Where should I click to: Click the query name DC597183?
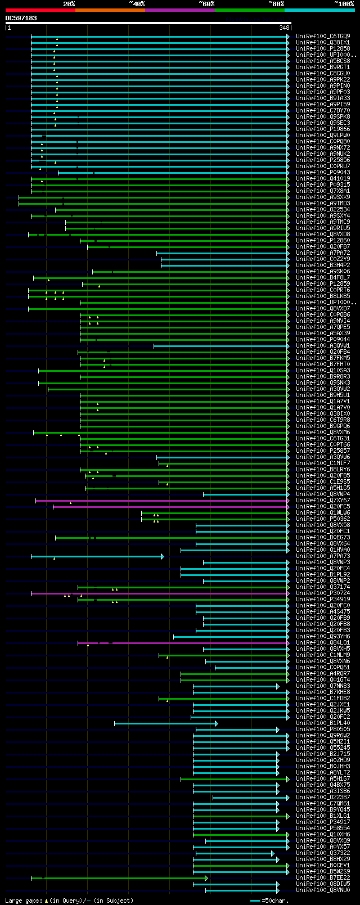coord(21,18)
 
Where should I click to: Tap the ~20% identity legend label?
coord(69,4)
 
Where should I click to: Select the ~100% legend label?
coord(344,4)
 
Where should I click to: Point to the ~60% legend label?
coord(206,4)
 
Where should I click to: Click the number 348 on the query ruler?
coord(284,27)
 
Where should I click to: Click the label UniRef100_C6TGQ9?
coord(323,37)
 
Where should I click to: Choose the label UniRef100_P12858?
coord(323,49)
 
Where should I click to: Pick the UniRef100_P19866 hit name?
coord(323,129)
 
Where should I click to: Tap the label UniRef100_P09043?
coord(323,173)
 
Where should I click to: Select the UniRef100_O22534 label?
coord(323,210)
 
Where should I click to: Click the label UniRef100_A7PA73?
coord(323,556)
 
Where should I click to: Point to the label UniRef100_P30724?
coord(323,593)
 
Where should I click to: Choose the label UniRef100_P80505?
coord(323,730)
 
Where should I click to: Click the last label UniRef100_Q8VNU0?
coord(323,890)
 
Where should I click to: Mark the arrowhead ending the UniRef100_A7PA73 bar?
coord(163,556)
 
